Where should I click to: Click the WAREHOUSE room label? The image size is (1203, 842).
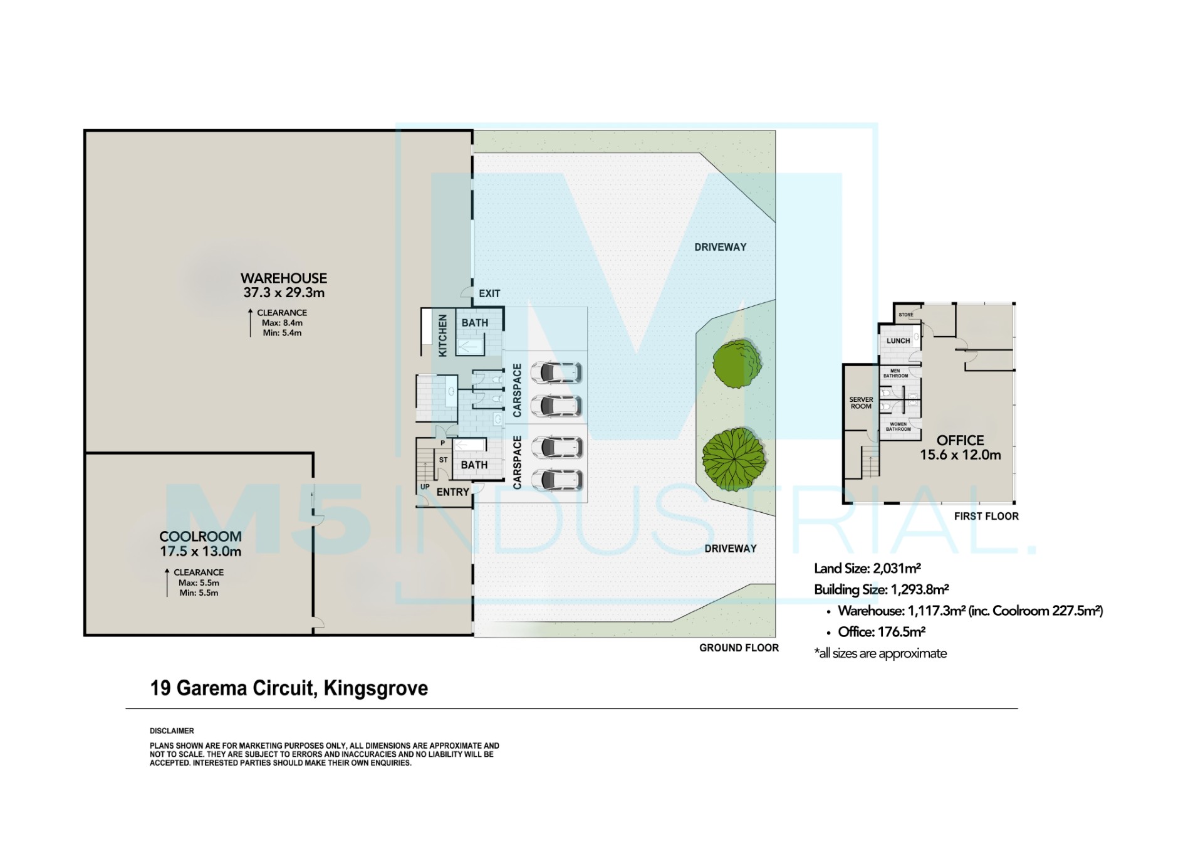click(x=284, y=278)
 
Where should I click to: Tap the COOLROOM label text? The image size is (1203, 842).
click(x=200, y=537)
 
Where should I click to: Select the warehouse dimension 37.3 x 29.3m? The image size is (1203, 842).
click(x=284, y=293)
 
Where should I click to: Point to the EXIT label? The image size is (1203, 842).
click(x=489, y=293)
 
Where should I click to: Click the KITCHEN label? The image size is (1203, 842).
click(x=443, y=335)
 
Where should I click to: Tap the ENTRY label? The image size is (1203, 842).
click(x=453, y=492)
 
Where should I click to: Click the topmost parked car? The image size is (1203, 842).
click(x=556, y=372)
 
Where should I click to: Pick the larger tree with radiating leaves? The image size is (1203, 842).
click(x=733, y=460)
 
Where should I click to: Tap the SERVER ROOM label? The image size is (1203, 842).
click(x=861, y=403)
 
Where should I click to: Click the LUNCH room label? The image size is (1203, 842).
click(x=898, y=341)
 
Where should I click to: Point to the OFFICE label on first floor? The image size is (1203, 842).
click(x=960, y=440)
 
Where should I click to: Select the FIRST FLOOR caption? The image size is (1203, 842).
click(x=986, y=516)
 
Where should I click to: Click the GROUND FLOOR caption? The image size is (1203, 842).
click(x=739, y=648)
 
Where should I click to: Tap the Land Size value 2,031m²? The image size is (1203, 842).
click(x=897, y=569)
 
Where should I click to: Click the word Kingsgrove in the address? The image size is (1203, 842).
click(x=375, y=688)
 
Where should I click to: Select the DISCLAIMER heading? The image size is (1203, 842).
click(x=172, y=731)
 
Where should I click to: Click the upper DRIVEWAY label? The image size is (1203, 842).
click(x=720, y=247)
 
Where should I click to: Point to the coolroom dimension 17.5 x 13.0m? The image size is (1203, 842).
click(x=200, y=552)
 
